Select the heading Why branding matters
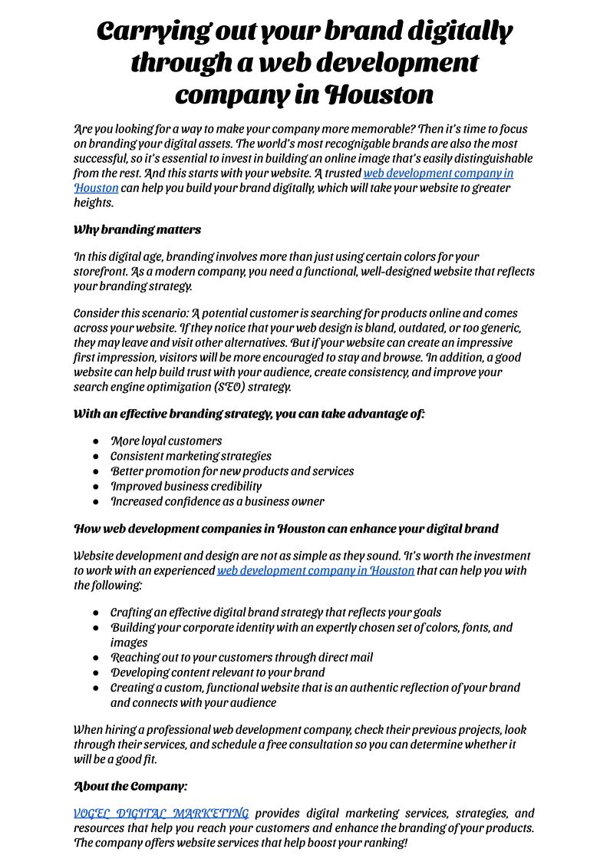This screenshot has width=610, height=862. (x=137, y=230)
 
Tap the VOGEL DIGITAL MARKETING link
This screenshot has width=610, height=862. (x=161, y=813)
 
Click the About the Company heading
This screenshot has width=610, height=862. (x=130, y=786)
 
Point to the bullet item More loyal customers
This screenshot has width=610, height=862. (x=167, y=441)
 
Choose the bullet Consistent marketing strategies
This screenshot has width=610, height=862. (x=191, y=456)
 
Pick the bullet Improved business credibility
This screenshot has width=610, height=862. (x=186, y=486)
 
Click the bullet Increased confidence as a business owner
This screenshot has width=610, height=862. (x=217, y=501)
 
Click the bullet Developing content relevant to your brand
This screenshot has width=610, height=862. (x=218, y=672)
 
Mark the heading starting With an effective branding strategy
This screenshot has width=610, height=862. (x=249, y=414)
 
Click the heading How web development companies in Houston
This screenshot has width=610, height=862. (x=285, y=529)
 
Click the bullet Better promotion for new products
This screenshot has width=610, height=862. (x=232, y=471)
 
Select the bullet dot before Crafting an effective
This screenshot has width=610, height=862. (x=96, y=613)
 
